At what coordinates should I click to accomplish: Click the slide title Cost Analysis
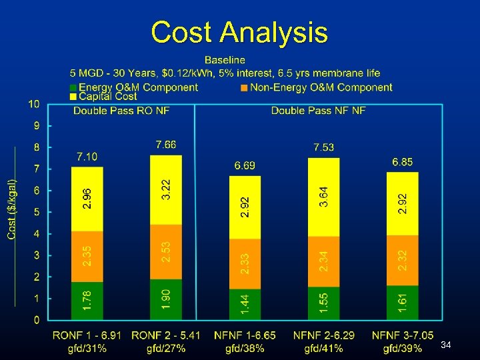coord(239,32)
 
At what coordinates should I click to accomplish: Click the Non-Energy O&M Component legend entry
coord(316,87)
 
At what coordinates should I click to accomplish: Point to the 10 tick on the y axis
coord(34,104)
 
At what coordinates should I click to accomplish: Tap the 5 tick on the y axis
coord(37,212)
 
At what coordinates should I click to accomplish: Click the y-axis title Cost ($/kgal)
coord(12,209)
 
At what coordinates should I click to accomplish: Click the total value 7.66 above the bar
coord(166,145)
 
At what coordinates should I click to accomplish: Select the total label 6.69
coord(245,165)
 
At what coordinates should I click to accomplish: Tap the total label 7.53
coord(324,147)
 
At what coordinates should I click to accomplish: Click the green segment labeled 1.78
coord(87,301)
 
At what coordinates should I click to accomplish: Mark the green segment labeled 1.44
coord(245,304)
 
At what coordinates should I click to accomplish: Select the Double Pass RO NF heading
coord(121,111)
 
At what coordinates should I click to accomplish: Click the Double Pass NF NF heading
coord(318,111)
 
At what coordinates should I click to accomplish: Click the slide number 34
coord(447,345)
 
